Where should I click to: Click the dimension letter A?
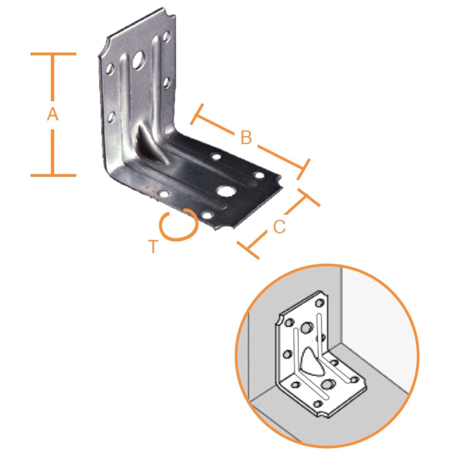click(x=52, y=115)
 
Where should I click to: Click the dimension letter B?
click(x=246, y=137)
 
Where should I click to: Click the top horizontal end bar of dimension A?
click(x=53, y=54)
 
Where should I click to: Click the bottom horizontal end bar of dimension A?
click(x=53, y=175)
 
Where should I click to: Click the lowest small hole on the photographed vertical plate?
click(x=111, y=117)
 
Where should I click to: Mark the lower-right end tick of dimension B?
click(x=303, y=170)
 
